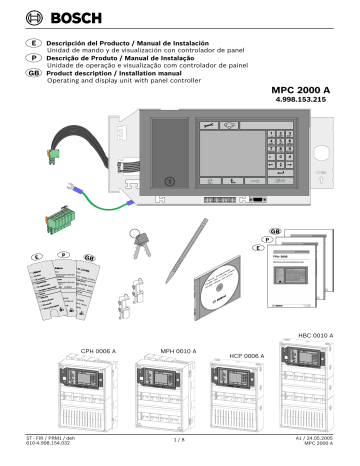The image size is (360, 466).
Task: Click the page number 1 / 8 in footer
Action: [180, 438]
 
